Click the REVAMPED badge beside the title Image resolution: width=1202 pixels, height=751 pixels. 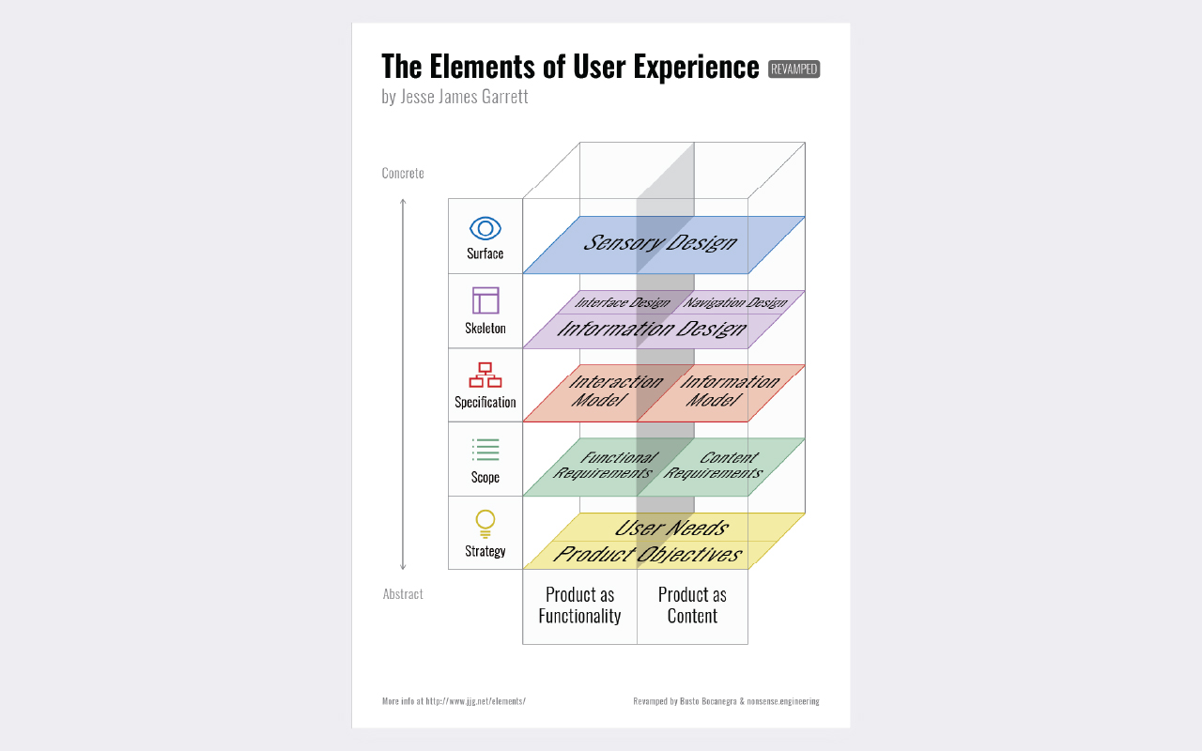tap(794, 69)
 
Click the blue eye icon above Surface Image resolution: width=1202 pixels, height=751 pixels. tap(485, 228)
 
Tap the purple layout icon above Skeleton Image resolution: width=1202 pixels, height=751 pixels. tap(485, 300)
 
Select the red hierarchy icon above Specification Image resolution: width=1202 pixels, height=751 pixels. tap(485, 375)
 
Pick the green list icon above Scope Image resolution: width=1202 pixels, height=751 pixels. tap(485, 450)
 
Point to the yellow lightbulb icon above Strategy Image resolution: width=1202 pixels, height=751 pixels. tap(485, 523)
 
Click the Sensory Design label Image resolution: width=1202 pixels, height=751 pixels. tap(660, 243)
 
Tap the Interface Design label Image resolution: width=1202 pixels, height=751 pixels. tap(622, 302)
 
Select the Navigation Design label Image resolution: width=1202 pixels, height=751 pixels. tap(735, 302)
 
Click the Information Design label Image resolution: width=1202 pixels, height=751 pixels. tap(652, 330)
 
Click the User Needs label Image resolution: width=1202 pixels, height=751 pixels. tap(671, 527)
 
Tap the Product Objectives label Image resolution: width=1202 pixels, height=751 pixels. tap(648, 554)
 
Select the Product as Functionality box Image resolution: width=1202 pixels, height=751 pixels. tap(579, 605)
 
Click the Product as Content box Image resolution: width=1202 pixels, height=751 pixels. tap(692, 605)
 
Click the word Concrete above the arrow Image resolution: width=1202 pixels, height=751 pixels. tap(403, 174)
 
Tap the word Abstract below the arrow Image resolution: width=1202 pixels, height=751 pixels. tap(403, 594)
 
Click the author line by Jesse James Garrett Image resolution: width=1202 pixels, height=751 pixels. tap(455, 97)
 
